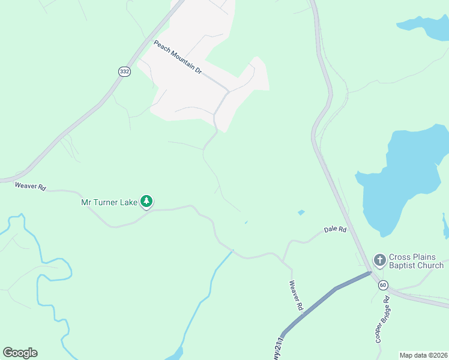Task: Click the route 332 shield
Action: (x=124, y=71)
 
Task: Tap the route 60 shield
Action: (x=384, y=284)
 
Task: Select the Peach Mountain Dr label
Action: (x=178, y=56)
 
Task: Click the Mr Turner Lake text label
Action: (x=109, y=202)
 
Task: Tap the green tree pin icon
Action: (x=146, y=201)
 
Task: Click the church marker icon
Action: (x=379, y=260)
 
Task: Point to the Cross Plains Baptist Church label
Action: (x=416, y=261)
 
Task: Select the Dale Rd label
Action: (x=335, y=229)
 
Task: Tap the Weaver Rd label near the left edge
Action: (x=30, y=187)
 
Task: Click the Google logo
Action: (x=20, y=353)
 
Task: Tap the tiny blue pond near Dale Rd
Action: (x=301, y=212)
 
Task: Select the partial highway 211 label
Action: (x=277, y=348)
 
